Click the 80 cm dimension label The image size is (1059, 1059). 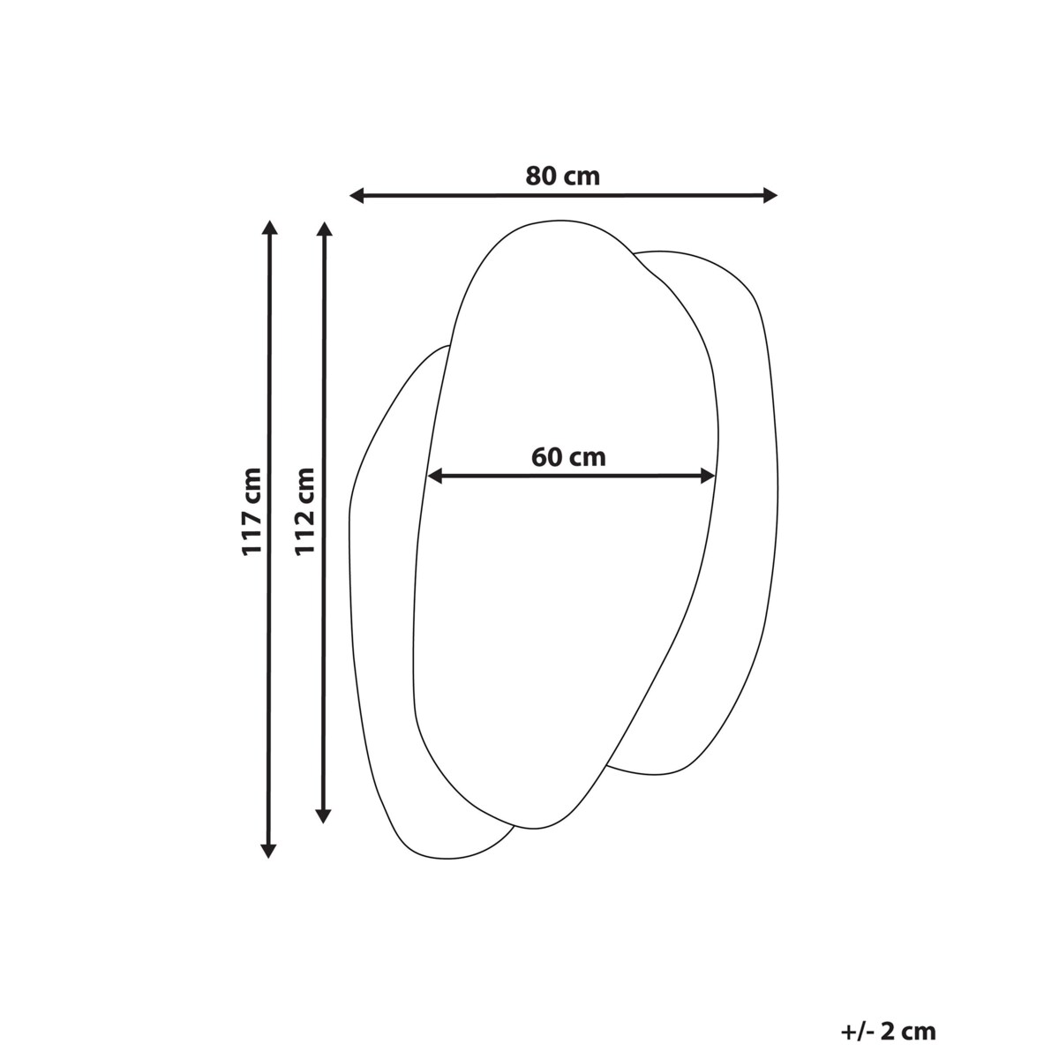click(x=562, y=176)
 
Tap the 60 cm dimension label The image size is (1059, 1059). click(x=568, y=457)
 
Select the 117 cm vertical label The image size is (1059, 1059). click(x=252, y=512)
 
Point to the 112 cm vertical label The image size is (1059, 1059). click(x=305, y=511)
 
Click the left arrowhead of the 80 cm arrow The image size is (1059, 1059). click(x=357, y=195)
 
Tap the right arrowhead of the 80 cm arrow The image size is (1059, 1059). click(x=770, y=195)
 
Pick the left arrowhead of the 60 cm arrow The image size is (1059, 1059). click(x=435, y=477)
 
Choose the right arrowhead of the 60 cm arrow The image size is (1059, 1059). click(x=708, y=477)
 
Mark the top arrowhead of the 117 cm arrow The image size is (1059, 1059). click(x=269, y=228)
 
